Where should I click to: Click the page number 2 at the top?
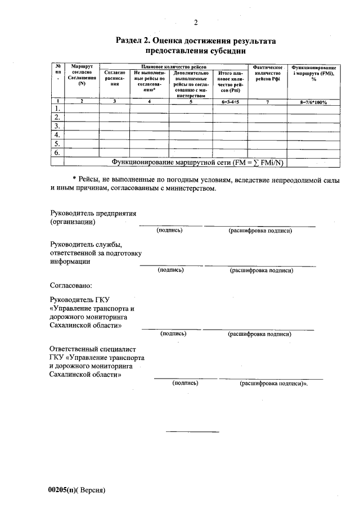point(195,22)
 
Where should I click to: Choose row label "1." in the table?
point(56,108)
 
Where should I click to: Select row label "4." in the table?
point(56,135)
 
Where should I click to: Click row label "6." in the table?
point(56,153)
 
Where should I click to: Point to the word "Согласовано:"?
point(70,286)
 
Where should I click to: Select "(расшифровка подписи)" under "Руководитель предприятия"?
point(260,231)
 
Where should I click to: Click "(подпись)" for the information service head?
point(171,270)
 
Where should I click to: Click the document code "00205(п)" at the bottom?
point(62,489)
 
